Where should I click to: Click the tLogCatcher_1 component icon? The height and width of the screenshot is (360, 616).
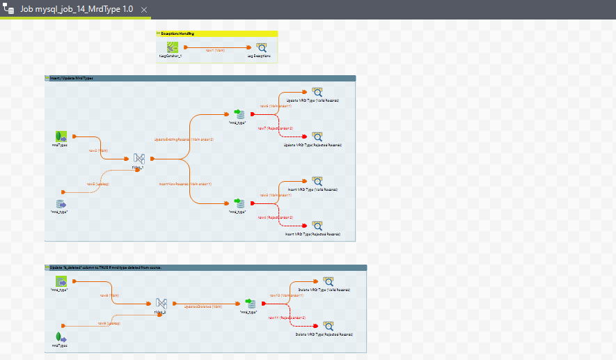click(172, 47)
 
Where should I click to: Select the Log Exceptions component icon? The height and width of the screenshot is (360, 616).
click(261, 47)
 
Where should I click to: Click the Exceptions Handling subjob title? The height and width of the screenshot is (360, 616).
click(178, 33)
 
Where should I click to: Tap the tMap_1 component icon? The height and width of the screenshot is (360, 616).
click(139, 159)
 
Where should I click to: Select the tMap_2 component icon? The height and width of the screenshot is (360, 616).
click(161, 304)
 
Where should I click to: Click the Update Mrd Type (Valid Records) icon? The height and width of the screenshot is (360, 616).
click(317, 92)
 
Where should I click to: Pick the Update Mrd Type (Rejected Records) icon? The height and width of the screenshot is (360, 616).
click(317, 136)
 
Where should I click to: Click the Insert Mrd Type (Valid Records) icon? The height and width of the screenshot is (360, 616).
click(317, 181)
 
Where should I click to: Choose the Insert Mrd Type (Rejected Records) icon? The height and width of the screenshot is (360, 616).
click(317, 226)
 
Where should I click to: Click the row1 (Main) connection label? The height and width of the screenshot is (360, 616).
click(215, 50)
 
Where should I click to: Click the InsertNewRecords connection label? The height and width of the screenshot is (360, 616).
click(185, 184)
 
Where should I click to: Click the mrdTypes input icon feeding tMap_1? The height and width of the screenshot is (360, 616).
click(61, 136)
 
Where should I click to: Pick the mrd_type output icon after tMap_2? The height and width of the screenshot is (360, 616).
click(251, 304)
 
